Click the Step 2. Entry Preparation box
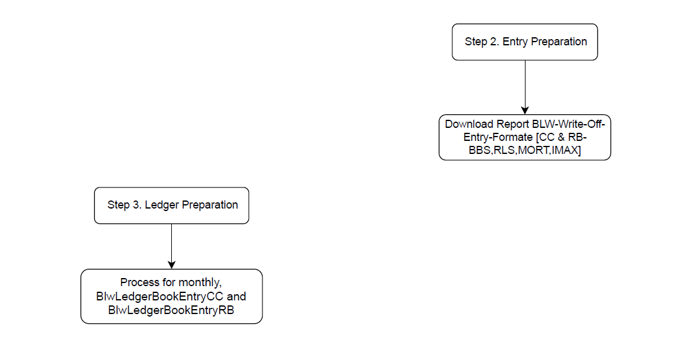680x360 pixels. pos(525,42)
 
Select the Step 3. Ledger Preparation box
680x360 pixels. pos(172,205)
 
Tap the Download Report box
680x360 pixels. pos(525,138)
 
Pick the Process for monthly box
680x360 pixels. pos(172,296)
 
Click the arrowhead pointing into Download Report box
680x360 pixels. pos(525,110)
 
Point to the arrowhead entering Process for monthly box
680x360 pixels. pos(172,265)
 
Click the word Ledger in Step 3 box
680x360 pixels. pos(161,205)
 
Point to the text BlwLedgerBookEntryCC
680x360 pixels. pos(159,297)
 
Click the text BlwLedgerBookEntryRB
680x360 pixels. pos(171,310)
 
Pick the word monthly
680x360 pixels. pos(200,283)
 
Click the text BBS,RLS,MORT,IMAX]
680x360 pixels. pos(525,150)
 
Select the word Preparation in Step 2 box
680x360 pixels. pos(559,42)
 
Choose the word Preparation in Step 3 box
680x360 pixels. pos(210,205)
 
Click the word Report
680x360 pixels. pos(512,125)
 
